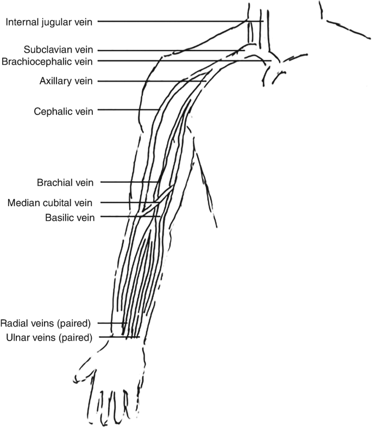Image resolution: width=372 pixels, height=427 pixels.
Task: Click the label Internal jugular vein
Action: click(x=49, y=22)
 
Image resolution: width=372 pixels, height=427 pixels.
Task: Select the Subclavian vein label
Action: click(x=61, y=49)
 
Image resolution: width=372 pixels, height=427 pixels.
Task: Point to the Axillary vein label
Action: click(x=66, y=82)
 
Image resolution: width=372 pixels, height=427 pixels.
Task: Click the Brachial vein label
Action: click(x=66, y=182)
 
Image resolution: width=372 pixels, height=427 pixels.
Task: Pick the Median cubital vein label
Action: click(x=51, y=203)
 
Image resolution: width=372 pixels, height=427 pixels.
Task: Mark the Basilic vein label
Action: click(x=70, y=217)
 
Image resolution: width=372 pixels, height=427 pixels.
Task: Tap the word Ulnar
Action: click(x=17, y=337)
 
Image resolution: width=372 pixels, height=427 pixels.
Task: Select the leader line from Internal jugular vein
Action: click(x=179, y=21)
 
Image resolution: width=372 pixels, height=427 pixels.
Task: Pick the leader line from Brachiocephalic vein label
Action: click(x=185, y=61)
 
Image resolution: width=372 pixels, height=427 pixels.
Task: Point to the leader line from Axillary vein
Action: click(x=152, y=82)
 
